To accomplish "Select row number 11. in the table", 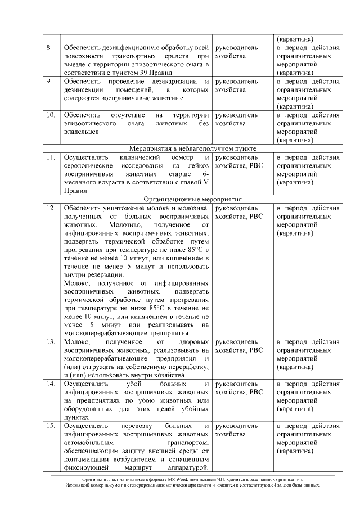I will [51, 157].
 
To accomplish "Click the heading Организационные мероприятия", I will [192, 199].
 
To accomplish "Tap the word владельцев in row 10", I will [82, 132].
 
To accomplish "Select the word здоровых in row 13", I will [191, 341].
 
